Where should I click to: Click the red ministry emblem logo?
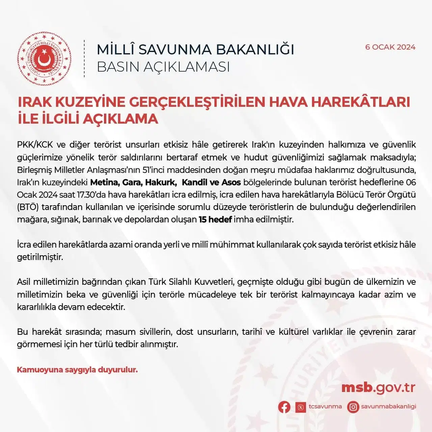coord(44,58)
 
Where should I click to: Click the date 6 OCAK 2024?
coord(390,47)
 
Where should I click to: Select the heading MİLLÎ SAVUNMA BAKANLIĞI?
coord(195,50)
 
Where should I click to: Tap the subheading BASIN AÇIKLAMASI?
coord(163,67)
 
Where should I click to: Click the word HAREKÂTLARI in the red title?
coord(360,102)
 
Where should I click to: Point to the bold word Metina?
coord(104,183)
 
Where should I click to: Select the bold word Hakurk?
coord(161,183)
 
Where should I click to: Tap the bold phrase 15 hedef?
coord(215,220)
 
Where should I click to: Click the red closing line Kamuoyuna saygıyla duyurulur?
coord(77,370)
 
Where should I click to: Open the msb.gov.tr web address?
coord(378,388)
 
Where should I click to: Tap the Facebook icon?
coord(284,407)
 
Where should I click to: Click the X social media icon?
coord(300,407)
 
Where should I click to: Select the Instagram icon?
coord(353,407)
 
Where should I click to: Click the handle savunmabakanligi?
coord(388,406)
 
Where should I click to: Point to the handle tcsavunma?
coord(325,406)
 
